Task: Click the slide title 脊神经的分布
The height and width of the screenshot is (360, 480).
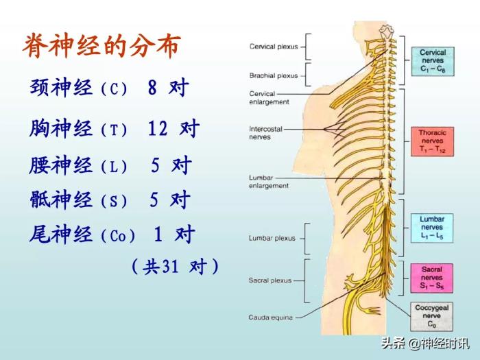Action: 101,46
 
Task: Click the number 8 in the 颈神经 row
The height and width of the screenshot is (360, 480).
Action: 152,88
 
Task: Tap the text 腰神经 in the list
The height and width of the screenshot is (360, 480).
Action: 61,165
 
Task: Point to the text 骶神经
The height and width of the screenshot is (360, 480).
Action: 61,200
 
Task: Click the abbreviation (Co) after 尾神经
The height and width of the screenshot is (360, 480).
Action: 119,236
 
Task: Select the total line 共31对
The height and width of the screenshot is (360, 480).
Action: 176,266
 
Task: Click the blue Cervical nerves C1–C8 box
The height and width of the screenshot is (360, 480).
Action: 433,61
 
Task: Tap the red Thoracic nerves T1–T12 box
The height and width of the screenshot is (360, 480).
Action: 433,141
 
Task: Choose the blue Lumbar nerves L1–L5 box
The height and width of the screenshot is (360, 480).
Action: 432,228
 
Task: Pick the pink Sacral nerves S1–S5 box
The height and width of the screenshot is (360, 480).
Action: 432,278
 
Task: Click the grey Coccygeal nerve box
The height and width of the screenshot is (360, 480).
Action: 432,316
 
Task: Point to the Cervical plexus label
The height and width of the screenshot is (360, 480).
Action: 272,47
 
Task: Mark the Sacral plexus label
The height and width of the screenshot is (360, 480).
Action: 269,280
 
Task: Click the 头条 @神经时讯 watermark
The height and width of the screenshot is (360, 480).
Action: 426,344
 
